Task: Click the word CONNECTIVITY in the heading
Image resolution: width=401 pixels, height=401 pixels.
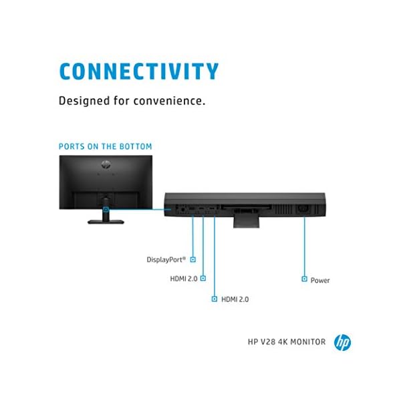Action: pos(138,72)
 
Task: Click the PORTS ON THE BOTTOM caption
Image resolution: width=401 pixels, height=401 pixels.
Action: pos(105,146)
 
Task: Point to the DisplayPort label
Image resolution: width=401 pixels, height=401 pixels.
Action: pos(167,259)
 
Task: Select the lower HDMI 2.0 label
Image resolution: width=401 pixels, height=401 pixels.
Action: pos(235,299)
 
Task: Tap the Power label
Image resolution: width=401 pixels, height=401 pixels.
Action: pos(320,280)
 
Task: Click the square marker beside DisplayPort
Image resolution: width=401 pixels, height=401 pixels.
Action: pos(193,258)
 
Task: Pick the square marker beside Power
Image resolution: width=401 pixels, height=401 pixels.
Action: pos(304,279)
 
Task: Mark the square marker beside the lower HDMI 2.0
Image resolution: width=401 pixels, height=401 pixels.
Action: pos(215,299)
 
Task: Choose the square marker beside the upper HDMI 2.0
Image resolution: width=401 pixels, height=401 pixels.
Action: pos(203,277)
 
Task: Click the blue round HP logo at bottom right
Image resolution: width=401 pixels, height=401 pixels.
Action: pos(342,343)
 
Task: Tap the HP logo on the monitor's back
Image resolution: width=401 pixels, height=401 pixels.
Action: pos(105,164)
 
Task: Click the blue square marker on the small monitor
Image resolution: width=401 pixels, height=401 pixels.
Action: pos(106,209)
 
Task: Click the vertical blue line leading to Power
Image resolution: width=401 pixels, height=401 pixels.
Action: pos(305,247)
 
